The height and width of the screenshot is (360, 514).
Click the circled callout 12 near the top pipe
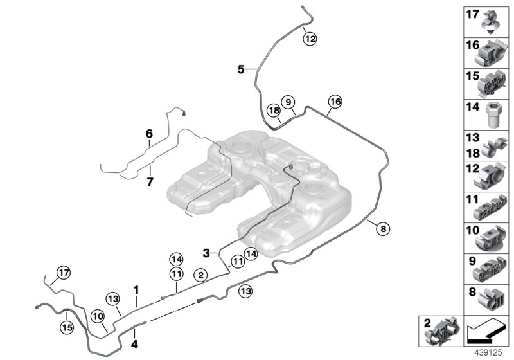(310, 39)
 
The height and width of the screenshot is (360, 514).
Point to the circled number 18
(273, 111)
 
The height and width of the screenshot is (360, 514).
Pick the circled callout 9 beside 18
(288, 102)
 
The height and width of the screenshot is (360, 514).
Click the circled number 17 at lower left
(62, 273)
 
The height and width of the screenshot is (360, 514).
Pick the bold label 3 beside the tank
(206, 253)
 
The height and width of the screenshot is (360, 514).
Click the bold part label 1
(136, 290)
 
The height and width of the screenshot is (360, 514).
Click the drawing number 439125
(492, 352)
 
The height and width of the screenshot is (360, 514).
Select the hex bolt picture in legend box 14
(492, 115)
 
